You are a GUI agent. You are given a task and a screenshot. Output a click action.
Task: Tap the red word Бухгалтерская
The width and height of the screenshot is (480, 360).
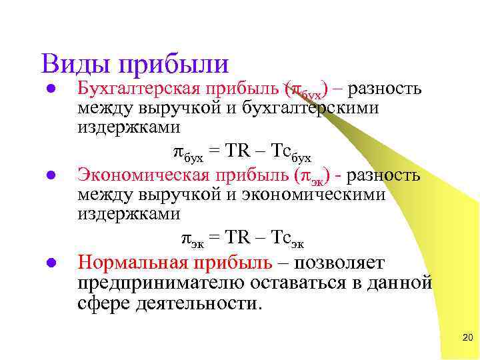141,88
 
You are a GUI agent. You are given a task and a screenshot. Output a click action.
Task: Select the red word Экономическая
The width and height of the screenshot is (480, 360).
143,175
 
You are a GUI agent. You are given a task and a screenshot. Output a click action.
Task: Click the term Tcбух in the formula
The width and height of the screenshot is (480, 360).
291,152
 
